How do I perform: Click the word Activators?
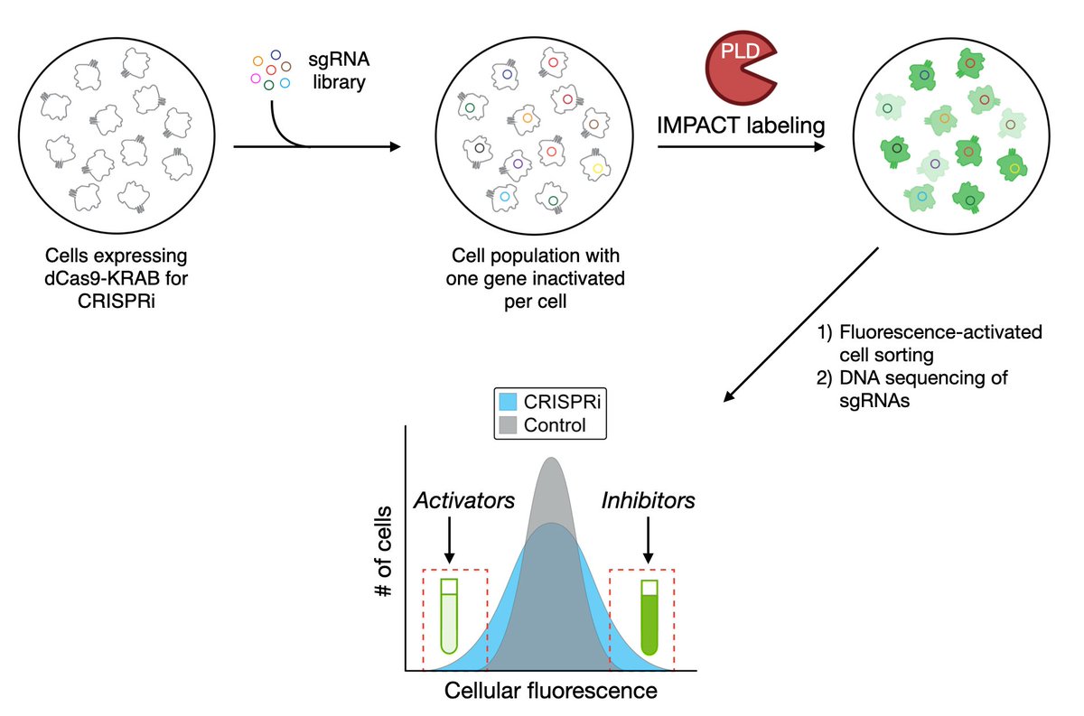(450, 499)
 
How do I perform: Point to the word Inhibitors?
(649, 499)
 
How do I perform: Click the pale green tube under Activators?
(449, 616)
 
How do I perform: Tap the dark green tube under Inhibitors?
(649, 617)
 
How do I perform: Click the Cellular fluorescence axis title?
(550, 693)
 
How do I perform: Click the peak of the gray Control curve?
(550, 462)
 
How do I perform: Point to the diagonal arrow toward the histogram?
(804, 325)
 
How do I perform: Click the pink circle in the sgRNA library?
(256, 79)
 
